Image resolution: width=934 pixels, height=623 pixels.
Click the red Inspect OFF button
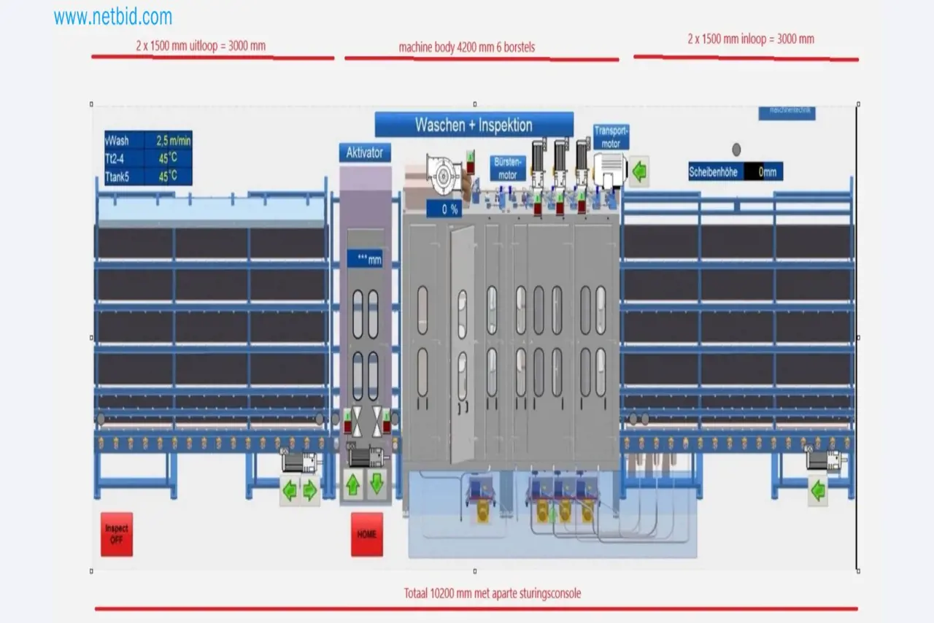tap(117, 534)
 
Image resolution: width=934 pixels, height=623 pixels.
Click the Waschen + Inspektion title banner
tap(474, 125)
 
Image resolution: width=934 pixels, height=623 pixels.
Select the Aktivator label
tap(365, 152)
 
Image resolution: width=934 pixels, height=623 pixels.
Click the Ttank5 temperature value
tap(168, 176)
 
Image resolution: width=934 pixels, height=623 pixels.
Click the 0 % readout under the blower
tap(444, 209)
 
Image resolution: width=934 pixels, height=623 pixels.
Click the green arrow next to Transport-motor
tap(639, 172)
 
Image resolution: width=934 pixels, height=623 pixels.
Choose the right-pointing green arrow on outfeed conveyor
tap(310, 491)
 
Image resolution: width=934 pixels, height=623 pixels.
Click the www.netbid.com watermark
tap(112, 17)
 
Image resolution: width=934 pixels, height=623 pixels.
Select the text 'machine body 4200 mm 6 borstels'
tap(466, 47)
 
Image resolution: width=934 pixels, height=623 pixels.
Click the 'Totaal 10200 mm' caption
tap(493, 593)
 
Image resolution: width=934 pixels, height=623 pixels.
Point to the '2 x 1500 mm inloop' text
tap(750, 39)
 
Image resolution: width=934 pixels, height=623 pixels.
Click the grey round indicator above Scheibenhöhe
tap(736, 150)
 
